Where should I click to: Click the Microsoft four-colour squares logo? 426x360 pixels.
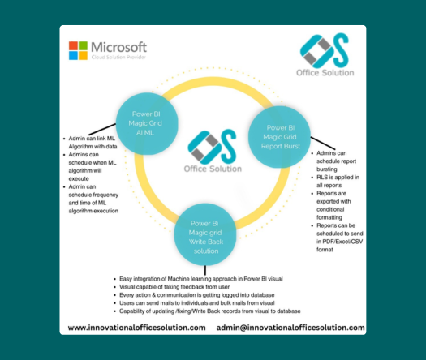click(78, 50)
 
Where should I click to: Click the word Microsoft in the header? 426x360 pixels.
click(118, 47)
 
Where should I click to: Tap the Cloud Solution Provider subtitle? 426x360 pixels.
click(118, 57)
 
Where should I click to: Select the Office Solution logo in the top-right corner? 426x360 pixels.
click(325, 55)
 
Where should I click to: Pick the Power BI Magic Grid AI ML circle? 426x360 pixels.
click(147, 124)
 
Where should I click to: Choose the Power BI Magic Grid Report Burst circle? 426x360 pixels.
click(280, 137)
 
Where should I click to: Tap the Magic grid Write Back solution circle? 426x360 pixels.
click(205, 234)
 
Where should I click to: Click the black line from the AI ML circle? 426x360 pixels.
click(102, 129)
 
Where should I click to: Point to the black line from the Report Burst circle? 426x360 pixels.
click(323, 143)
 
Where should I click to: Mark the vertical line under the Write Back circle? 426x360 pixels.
click(205, 271)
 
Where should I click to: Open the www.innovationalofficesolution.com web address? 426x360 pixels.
click(136, 328)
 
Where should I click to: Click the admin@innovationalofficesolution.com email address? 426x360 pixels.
click(290, 328)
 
